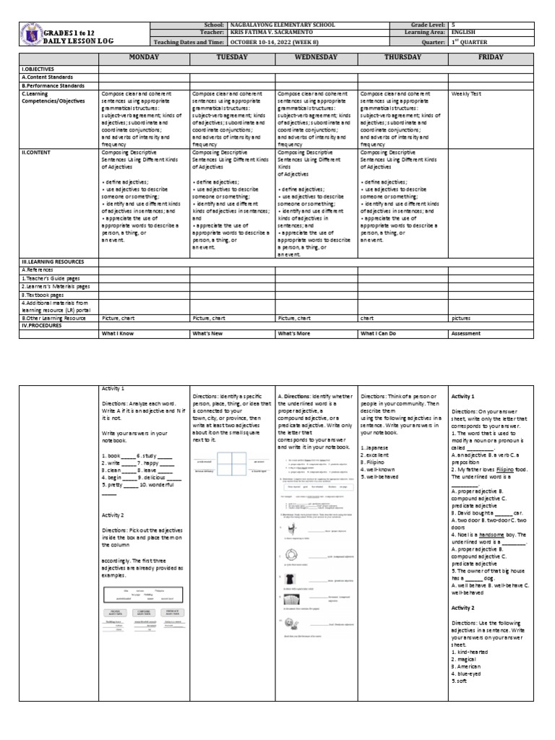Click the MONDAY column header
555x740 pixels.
pos(144,56)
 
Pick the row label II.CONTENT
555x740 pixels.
pos(38,154)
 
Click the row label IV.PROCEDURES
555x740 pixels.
pos(43,325)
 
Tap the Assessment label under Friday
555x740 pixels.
pos(467,335)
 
